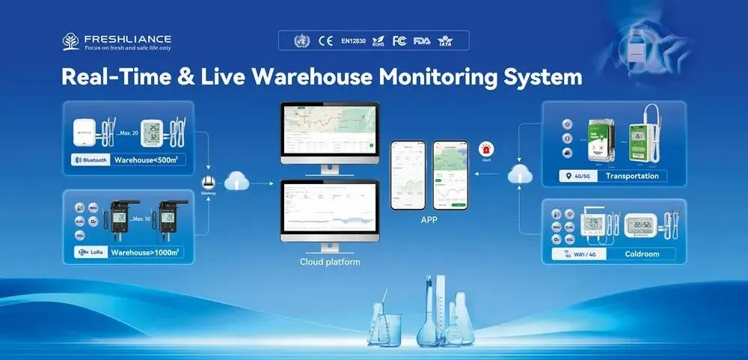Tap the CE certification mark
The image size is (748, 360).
pyautogui.click(x=325, y=40)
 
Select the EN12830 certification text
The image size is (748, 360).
pyautogui.click(x=355, y=40)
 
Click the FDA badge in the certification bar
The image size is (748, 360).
pyautogui.click(x=423, y=40)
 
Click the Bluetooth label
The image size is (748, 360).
pyautogui.click(x=91, y=159)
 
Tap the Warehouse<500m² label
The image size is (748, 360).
pyautogui.click(x=146, y=159)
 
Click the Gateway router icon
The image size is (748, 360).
pyautogui.click(x=209, y=181)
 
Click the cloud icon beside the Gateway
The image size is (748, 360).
pyautogui.click(x=236, y=180)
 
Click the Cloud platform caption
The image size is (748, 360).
pyautogui.click(x=330, y=262)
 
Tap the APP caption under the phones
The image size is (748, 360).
pyautogui.click(x=429, y=221)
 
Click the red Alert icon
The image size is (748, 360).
pyautogui.click(x=486, y=149)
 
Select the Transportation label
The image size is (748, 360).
pyautogui.click(x=632, y=177)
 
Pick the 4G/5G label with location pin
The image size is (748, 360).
pyautogui.click(x=577, y=177)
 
